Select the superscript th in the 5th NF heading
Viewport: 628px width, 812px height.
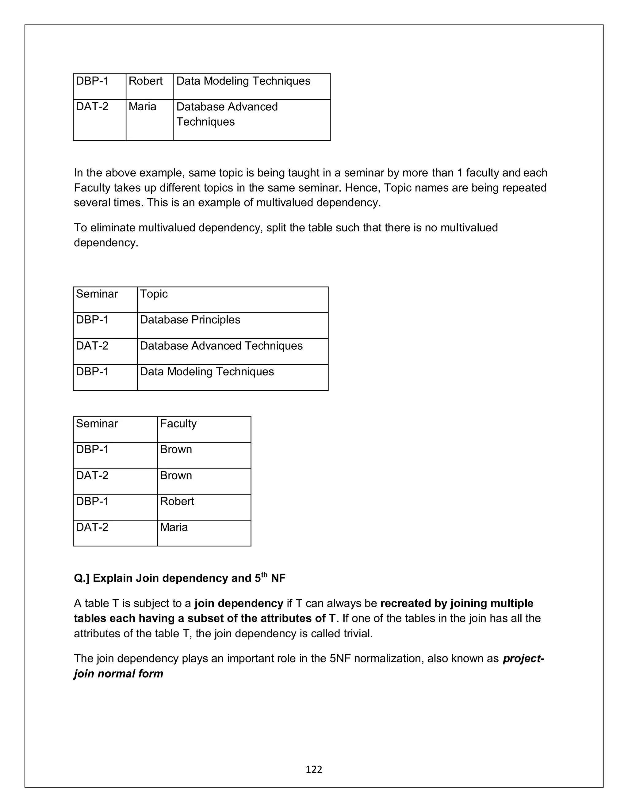(264, 575)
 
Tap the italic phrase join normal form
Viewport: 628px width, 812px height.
(118, 674)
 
